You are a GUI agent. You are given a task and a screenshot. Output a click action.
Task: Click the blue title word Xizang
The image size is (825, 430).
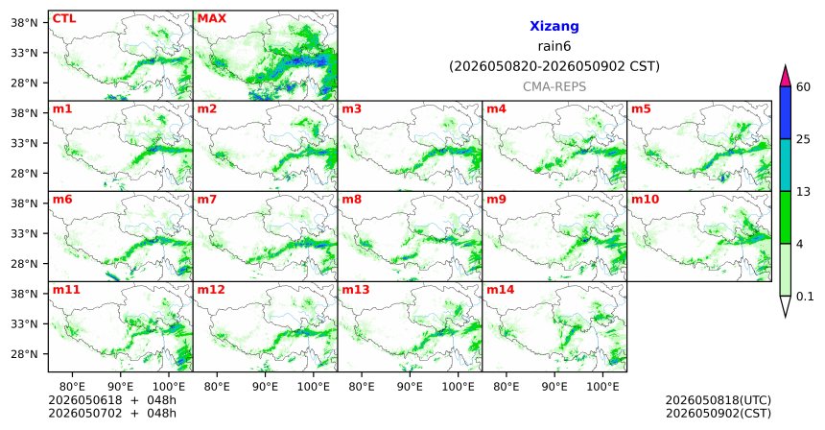coord(554,26)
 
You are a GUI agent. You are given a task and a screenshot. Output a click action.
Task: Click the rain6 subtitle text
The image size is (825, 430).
coord(554,46)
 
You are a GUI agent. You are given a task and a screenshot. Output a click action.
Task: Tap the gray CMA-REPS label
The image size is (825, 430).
coord(554,86)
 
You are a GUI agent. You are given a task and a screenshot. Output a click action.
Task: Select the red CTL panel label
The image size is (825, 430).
coord(64,18)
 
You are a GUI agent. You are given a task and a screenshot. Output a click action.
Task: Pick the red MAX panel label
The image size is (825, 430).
coord(211,18)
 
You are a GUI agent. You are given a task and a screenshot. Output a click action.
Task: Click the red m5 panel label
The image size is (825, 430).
coord(641,109)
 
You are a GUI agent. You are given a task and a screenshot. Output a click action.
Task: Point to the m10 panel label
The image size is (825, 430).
coord(645,200)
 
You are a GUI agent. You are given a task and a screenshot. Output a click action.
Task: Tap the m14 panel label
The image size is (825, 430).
coord(501,290)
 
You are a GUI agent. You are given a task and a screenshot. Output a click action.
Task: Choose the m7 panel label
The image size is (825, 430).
coord(207,200)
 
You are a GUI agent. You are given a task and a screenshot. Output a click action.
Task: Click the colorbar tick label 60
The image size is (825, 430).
coord(803,86)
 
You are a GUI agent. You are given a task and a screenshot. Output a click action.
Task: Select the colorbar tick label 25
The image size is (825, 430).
coord(803,139)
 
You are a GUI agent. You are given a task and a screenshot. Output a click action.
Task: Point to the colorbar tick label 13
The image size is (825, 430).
coord(803,192)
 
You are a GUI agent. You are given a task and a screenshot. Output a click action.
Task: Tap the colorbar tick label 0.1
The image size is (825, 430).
coord(805,297)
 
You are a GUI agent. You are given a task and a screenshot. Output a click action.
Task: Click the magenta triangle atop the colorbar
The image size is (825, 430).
coord(786,78)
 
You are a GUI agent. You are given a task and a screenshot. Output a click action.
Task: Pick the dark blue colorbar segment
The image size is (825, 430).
coord(786,112)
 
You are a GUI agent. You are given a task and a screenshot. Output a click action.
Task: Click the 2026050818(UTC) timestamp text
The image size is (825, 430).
coord(719,400)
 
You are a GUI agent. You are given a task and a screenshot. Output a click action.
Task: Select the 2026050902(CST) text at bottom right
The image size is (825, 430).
coord(719,413)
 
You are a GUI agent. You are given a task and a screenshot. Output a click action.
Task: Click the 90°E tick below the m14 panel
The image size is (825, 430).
coord(554,387)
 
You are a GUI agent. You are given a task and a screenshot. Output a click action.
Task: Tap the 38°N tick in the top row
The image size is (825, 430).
coord(24,23)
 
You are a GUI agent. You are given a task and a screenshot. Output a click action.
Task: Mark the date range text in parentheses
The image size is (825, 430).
coord(554,67)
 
